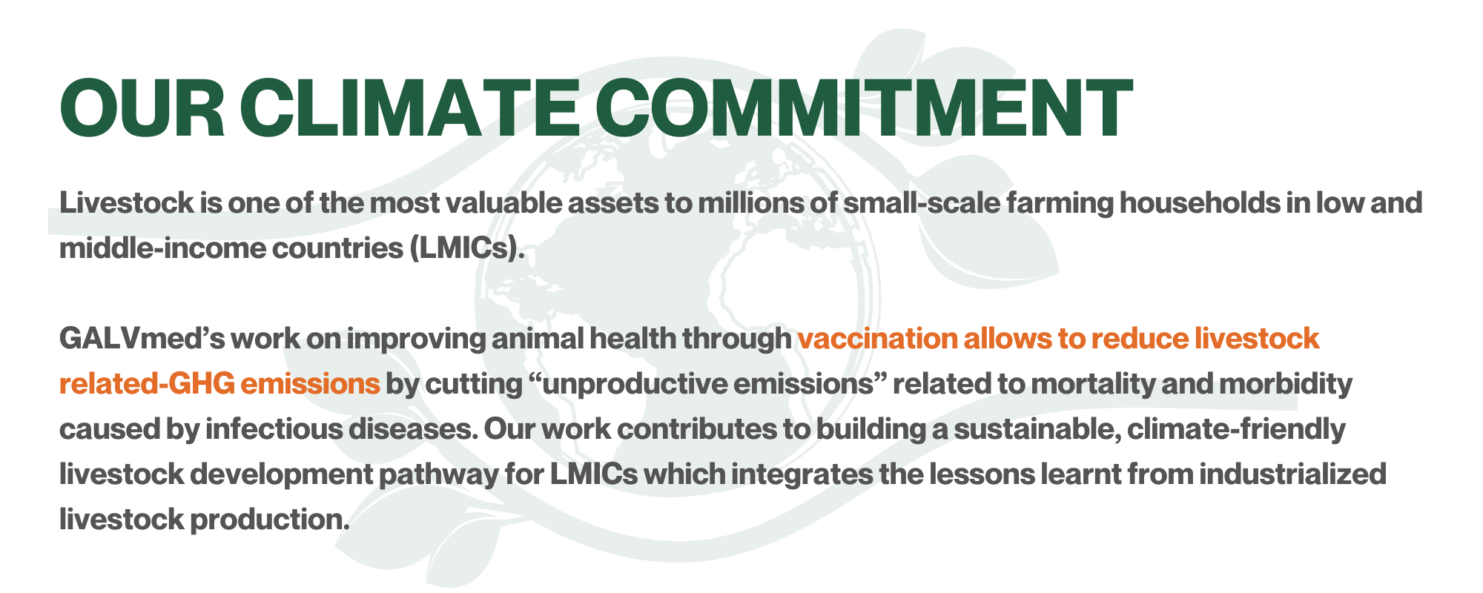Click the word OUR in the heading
(142, 108)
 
